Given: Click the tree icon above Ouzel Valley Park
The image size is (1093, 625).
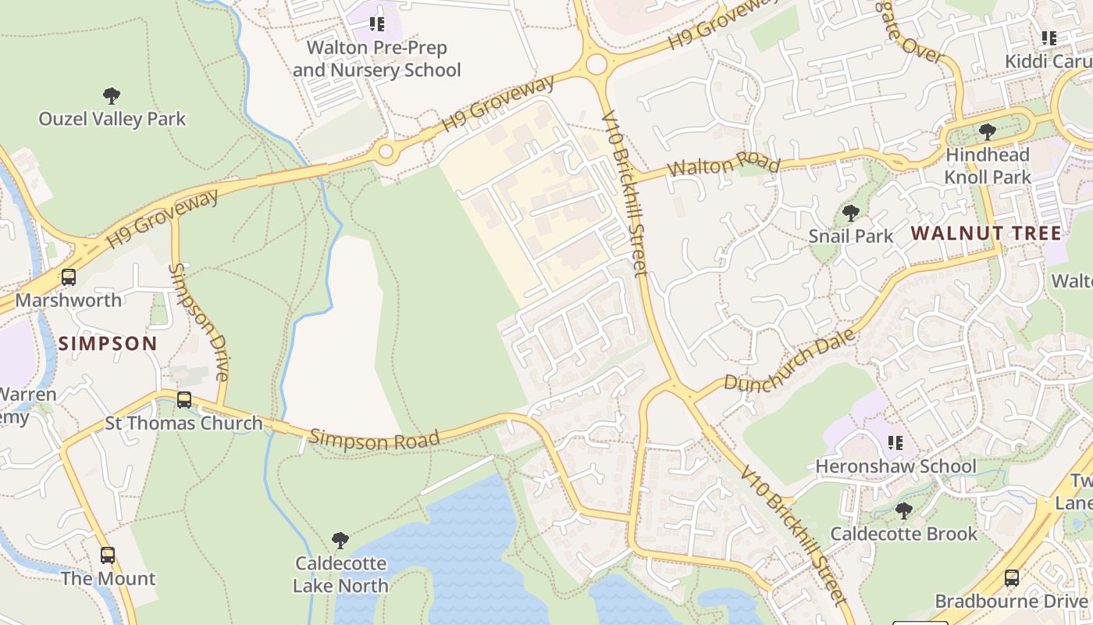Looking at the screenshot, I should (112, 96).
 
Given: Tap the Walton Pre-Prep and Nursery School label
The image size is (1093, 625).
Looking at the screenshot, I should (377, 59).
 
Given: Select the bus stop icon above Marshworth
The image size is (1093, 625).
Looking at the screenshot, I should (69, 277).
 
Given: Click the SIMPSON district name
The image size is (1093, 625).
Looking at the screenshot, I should (108, 344).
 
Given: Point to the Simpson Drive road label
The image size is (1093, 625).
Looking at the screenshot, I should (198, 322).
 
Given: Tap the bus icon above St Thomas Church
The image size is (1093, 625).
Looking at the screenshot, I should (184, 400).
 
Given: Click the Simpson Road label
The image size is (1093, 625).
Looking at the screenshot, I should (375, 439).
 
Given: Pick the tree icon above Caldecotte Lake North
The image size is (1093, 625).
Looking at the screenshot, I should (340, 540).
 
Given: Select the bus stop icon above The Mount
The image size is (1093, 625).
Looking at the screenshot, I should (108, 555).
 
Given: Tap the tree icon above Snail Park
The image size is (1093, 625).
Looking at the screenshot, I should (851, 212).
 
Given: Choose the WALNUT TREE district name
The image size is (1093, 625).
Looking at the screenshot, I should (986, 233).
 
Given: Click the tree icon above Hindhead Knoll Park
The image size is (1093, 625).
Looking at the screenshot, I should (988, 131).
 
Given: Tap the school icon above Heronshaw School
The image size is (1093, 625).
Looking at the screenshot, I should (895, 443).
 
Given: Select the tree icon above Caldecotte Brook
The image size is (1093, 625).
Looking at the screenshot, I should (904, 511).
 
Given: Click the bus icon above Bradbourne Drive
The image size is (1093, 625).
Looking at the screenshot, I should (1012, 578).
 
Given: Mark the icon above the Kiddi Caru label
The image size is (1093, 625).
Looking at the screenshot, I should (1049, 37).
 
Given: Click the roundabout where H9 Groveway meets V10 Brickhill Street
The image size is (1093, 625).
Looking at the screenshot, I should (596, 64).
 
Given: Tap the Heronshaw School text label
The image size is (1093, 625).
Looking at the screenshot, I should (895, 466).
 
